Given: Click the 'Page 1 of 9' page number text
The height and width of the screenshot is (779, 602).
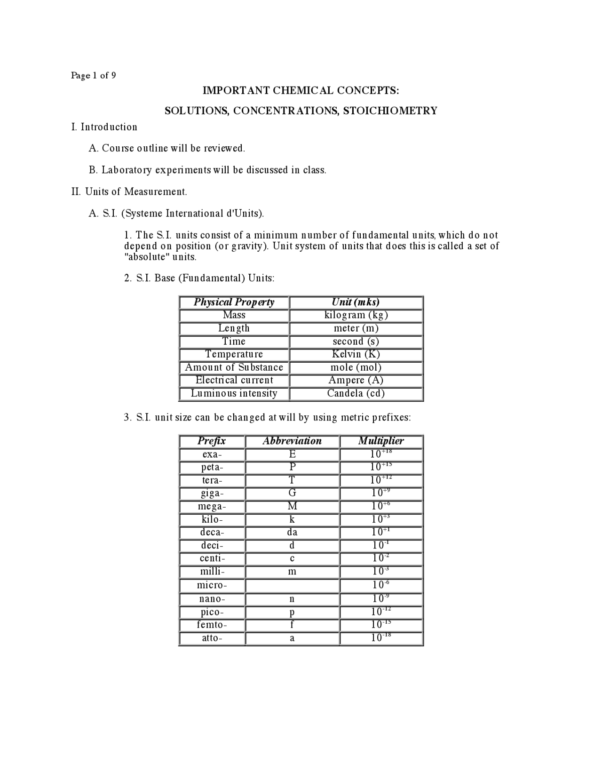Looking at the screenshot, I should tap(94, 75).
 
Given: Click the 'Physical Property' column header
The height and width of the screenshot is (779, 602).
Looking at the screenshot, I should tap(234, 302).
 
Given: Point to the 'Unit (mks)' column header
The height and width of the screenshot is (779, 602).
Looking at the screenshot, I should tap(356, 302).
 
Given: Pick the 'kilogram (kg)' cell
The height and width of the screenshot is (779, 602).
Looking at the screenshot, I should tap(356, 315).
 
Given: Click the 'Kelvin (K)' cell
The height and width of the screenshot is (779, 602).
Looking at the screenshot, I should tap(356, 354).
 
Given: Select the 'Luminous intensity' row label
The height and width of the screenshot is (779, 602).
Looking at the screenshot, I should tap(234, 393).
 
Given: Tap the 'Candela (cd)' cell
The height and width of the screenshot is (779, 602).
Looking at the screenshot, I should tap(356, 393).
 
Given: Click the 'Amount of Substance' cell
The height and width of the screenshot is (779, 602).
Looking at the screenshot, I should tap(234, 367).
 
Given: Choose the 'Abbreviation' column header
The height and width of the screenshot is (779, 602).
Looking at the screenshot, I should tap(292, 441).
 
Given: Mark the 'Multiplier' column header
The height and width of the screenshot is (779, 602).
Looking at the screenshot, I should tap(381, 441).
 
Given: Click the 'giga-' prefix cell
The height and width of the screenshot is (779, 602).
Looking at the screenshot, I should tap(212, 493).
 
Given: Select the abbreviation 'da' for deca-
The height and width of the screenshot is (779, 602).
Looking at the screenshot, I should tap(292, 533).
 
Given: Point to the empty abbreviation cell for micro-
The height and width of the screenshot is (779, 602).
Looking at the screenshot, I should tap(292, 586).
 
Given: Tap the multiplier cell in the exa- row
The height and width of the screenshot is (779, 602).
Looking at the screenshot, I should tap(381, 454).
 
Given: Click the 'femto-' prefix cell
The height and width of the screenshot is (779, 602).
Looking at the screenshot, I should tap(212, 625).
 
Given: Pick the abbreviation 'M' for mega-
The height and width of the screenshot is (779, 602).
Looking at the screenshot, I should tap(292, 507).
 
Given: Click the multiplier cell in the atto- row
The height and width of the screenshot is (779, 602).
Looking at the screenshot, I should tap(381, 638).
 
